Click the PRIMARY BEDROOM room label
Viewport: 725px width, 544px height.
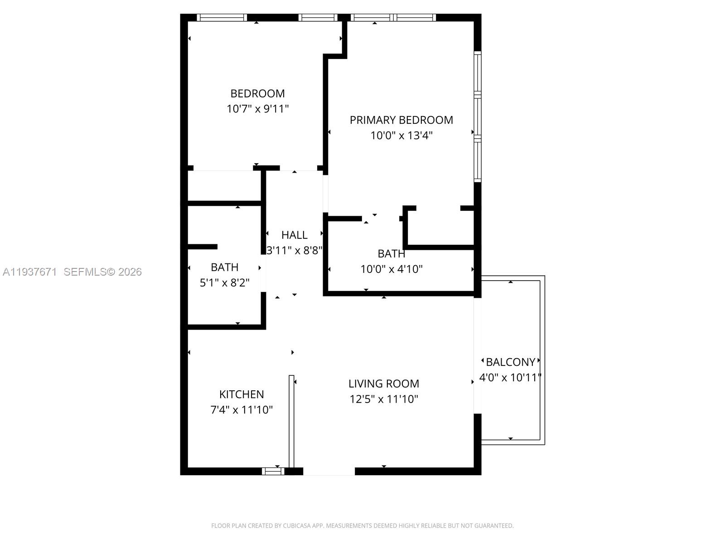click(x=401, y=120)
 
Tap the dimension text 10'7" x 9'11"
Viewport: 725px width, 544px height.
click(x=257, y=109)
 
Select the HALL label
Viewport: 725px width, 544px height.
click(x=295, y=235)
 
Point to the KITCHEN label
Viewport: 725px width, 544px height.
click(x=242, y=394)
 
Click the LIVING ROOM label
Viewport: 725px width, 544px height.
click(x=383, y=384)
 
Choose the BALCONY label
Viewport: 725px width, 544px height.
click(x=511, y=362)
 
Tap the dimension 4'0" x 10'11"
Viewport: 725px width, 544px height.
click(x=511, y=377)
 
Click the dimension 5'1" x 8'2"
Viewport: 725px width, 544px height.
click(x=224, y=283)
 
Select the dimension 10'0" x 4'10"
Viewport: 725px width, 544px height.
click(x=391, y=269)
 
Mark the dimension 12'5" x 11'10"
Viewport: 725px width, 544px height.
click(x=383, y=399)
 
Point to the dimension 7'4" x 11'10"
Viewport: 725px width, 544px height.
click(x=242, y=410)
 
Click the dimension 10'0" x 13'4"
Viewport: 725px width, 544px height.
click(x=401, y=136)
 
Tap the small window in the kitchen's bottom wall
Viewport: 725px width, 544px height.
click(x=273, y=471)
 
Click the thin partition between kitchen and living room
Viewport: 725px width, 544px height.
click(x=291, y=422)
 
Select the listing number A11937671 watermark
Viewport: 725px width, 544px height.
click(x=30, y=272)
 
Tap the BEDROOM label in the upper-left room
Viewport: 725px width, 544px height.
click(x=257, y=93)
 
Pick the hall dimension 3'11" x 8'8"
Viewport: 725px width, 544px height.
click(x=295, y=250)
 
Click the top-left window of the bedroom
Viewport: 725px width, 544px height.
click(x=222, y=18)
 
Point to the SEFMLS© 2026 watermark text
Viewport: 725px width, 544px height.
click(x=103, y=272)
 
